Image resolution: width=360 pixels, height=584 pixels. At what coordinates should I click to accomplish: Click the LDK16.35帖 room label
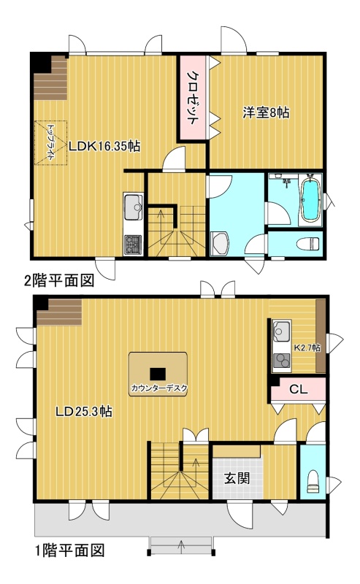pos(104,146)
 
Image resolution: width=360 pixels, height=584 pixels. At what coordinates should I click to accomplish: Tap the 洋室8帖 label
pos(266,112)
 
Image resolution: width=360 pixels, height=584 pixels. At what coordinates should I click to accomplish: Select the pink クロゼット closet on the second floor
pos(192,97)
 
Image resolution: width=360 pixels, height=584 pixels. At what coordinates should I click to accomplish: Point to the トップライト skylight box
pos(50,142)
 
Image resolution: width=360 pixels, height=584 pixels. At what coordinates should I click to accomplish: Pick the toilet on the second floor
pos(309,244)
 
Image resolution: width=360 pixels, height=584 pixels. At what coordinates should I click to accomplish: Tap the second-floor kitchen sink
pos(133,208)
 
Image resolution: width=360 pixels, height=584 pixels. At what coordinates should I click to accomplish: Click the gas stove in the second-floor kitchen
pos(133,245)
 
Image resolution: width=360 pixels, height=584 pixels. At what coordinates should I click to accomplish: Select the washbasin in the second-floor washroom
pos(220,244)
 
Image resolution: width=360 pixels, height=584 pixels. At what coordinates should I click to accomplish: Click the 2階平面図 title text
pos(59,280)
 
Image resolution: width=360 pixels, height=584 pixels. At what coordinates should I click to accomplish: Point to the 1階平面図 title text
pos(69,550)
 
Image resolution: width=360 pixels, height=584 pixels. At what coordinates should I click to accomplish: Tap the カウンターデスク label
pos(158,388)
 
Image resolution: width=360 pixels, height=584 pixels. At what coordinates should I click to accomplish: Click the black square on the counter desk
pos(158,374)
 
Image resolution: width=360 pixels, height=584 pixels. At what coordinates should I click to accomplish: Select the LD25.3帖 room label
pos(84,412)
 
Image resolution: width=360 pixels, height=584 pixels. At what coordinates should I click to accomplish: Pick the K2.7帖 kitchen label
pos(307,347)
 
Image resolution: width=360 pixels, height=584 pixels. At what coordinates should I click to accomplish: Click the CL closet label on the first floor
pos(299,390)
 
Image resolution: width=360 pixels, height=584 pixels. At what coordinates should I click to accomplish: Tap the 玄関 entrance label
pos(237,479)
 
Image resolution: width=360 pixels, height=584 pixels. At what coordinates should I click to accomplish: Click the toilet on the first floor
pos(313,481)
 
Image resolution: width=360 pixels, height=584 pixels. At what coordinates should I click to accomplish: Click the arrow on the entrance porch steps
pos(183,546)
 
